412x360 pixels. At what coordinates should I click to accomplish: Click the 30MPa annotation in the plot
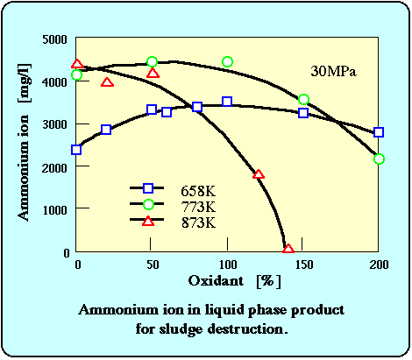(333, 71)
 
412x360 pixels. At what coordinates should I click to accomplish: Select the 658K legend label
(198, 191)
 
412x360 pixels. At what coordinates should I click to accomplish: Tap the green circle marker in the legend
(148, 204)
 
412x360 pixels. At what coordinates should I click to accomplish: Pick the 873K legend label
(198, 223)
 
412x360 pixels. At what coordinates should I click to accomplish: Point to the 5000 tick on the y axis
(54, 39)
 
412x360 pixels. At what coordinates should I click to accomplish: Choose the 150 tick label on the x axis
(304, 265)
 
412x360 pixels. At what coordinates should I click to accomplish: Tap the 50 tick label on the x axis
(153, 265)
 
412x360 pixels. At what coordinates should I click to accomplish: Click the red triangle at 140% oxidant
(288, 249)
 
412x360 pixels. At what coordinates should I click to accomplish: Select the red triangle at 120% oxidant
(259, 174)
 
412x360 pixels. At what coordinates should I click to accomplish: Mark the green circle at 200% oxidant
(379, 159)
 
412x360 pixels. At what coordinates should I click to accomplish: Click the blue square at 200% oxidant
(379, 132)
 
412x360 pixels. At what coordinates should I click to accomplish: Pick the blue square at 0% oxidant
(76, 150)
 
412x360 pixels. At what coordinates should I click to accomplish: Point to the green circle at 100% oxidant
(227, 62)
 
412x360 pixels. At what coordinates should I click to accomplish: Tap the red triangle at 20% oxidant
(107, 82)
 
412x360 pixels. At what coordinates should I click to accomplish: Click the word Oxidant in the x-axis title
(216, 281)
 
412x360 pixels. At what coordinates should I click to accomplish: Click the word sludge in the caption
(181, 329)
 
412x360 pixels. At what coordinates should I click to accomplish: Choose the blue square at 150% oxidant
(303, 113)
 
